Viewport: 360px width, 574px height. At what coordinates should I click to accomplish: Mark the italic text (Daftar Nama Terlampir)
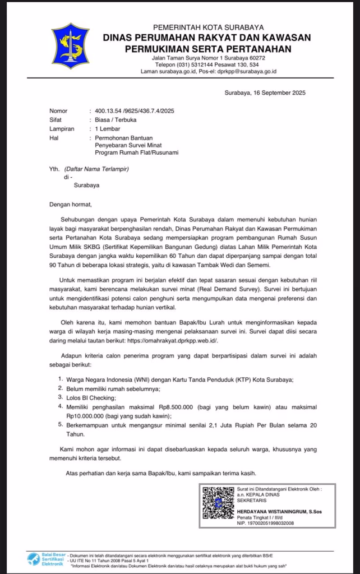tap(95, 168)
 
